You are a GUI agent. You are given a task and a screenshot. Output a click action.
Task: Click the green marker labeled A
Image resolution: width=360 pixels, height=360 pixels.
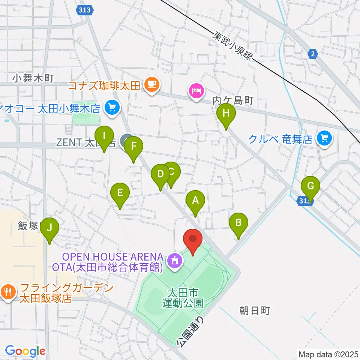point(195,201)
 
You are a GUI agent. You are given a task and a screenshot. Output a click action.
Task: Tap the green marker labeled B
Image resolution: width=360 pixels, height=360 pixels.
point(238,223)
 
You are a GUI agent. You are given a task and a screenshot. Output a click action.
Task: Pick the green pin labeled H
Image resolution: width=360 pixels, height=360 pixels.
point(226,113)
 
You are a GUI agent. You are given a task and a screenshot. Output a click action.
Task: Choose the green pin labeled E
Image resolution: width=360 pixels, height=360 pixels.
point(120,193)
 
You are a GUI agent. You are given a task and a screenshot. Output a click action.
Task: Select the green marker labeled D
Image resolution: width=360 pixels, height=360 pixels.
point(160,175)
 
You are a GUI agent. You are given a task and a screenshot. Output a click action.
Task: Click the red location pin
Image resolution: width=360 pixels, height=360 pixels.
point(193,239)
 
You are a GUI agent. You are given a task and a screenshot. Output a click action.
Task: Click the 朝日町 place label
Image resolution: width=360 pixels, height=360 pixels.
point(255,310)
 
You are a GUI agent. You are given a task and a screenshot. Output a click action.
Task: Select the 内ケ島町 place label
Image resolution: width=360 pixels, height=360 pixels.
point(233,100)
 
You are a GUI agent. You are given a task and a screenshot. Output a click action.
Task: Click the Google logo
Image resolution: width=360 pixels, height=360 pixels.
point(25,351)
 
